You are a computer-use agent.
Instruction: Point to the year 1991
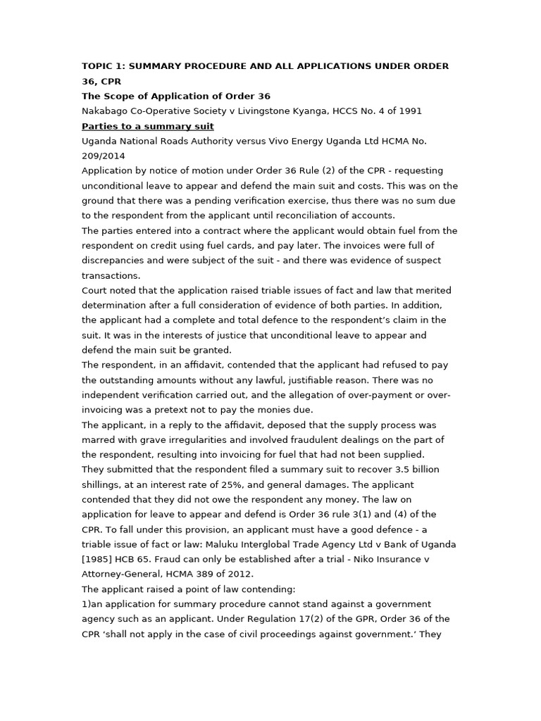pos(408,111)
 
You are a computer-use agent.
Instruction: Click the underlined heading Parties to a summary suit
pos(148,126)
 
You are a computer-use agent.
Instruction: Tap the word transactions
pos(111,275)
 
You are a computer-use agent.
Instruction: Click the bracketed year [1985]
pos(98,559)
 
